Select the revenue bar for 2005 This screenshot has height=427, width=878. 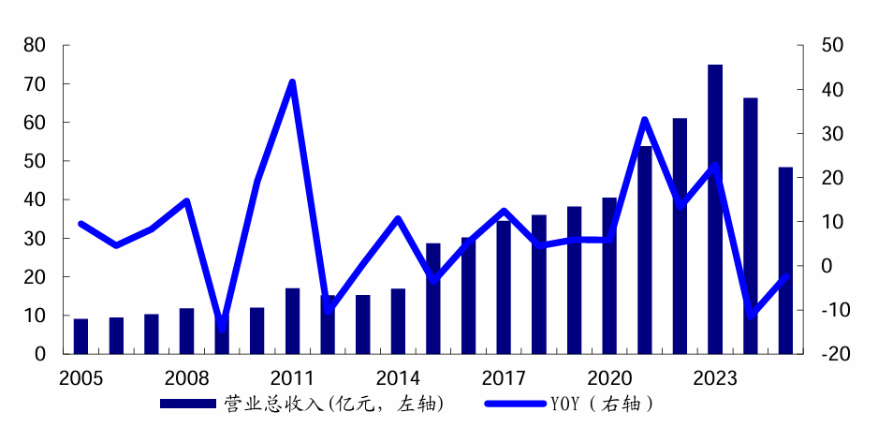(x=80, y=337)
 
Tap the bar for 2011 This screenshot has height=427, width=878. (x=292, y=321)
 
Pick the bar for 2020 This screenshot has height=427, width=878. (x=609, y=276)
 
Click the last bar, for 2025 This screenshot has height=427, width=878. (x=785, y=261)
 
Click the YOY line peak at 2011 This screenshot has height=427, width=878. (x=292, y=82)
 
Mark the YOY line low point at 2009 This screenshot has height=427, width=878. (x=222, y=326)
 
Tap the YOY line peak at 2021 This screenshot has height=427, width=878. (x=645, y=120)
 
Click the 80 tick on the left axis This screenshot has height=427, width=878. (x=34, y=45)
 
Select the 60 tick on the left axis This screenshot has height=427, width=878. (x=34, y=123)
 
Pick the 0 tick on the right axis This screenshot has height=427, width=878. (x=827, y=266)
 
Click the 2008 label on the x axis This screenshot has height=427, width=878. (x=186, y=378)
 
